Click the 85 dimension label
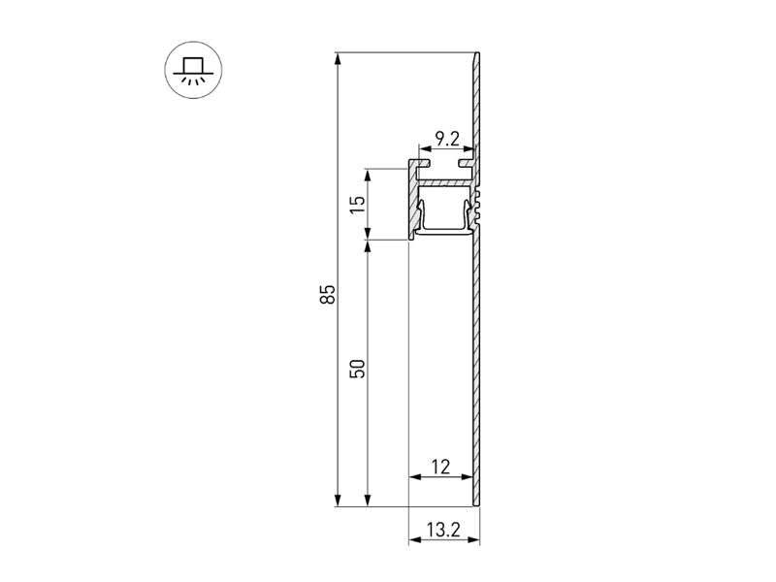click(329, 294)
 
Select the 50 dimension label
click(358, 369)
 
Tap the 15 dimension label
click(358, 205)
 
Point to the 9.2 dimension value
click(447, 139)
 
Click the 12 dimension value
click(440, 467)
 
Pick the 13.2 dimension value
click(443, 530)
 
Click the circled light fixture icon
click(193, 70)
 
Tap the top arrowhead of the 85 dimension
click(338, 59)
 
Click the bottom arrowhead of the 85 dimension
click(338, 500)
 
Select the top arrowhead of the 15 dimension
click(368, 176)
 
